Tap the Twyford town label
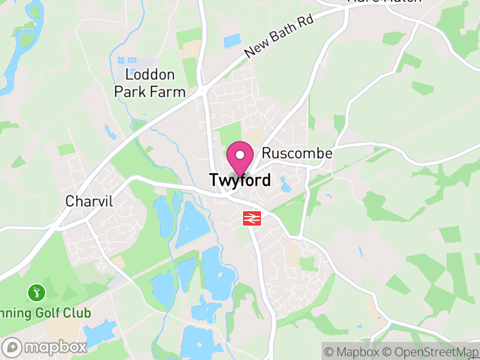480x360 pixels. tap(240, 180)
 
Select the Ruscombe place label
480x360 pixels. tap(297, 154)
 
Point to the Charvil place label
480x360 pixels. tap(89, 201)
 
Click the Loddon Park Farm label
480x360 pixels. tap(150, 83)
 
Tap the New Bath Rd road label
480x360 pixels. tap(279, 37)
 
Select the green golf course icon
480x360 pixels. tap(36, 293)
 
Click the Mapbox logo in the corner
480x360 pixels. tap(46, 347)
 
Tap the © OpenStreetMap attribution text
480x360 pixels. tap(431, 352)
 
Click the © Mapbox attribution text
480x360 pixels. tap(352, 352)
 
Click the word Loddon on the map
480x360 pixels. tap(150, 75)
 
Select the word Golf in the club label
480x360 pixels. tap(53, 313)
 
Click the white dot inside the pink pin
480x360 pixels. tap(240, 155)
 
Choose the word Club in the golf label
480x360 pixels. tap(79, 313)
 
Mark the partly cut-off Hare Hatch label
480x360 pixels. tap(384, 2)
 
